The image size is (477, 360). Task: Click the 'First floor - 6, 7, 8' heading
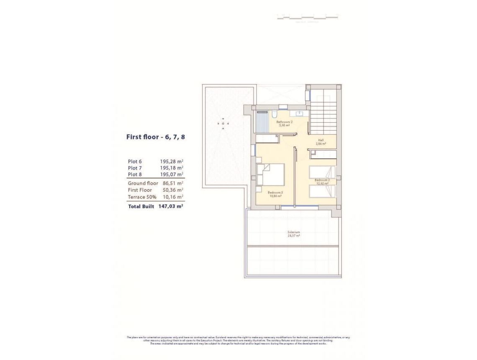tap(155, 137)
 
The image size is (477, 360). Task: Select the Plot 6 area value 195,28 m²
tap(172, 161)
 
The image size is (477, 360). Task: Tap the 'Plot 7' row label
tap(135, 168)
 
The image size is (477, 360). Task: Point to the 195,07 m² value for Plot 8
tap(172, 175)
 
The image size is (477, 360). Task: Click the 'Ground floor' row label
tap(143, 183)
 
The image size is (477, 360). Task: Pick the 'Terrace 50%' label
tap(142, 197)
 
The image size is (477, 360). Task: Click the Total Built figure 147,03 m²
tap(172, 206)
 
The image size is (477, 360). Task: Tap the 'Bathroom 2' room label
tap(284, 122)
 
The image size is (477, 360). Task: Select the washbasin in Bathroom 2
tap(300, 113)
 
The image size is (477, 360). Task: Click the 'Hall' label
tap(321, 140)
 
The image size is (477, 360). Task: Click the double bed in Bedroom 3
tap(271, 174)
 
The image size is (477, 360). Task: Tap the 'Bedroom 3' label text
tap(274, 193)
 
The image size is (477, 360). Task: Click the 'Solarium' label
tap(293, 232)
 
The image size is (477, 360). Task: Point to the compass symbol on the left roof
tap(223, 123)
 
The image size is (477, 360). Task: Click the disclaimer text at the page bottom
tap(238, 340)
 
